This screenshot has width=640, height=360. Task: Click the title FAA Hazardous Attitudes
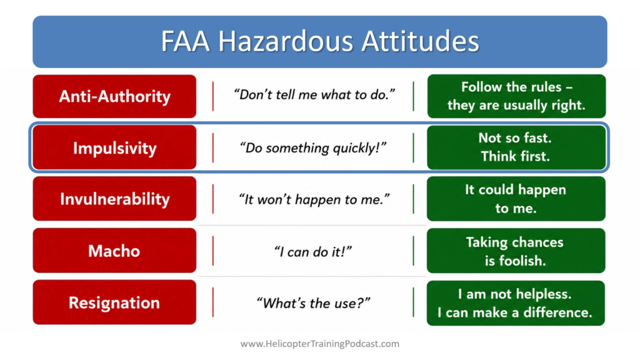tap(320, 41)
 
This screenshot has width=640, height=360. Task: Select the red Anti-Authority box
tap(114, 96)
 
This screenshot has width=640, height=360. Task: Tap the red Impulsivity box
tap(114, 147)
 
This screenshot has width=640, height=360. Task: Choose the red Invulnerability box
tap(114, 199)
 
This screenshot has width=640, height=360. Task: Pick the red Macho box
tap(114, 251)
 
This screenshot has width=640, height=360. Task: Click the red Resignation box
tap(114, 302)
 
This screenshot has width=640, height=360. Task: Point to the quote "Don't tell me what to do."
tap(314, 95)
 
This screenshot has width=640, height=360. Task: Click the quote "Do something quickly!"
tap(313, 147)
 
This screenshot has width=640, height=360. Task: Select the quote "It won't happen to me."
tap(314, 199)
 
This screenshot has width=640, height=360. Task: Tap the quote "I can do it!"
tap(313, 251)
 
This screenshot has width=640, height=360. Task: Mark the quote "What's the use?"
tap(313, 303)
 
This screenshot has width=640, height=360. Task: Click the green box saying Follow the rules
tap(516, 96)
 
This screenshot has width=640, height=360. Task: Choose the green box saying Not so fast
tap(516, 147)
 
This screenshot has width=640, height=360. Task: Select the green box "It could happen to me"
tap(516, 199)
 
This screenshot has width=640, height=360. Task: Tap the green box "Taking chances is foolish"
tap(516, 251)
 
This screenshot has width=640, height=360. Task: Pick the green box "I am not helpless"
tap(516, 303)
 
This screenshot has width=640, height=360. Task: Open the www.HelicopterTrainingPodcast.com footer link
tap(320, 344)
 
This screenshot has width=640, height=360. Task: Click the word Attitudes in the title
tap(420, 41)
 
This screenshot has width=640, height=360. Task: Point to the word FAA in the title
tap(186, 41)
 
